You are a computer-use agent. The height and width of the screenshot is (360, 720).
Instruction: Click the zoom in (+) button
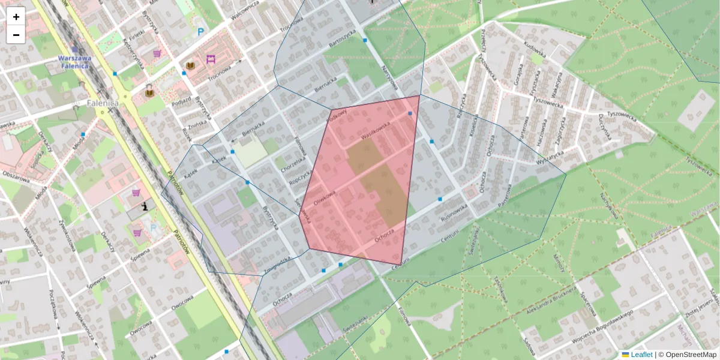click(x=16, y=17)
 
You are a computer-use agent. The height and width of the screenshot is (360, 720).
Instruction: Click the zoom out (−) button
click(x=16, y=35)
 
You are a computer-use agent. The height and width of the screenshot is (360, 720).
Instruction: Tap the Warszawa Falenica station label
click(x=74, y=62)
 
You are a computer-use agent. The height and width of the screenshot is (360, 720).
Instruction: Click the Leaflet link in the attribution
click(x=641, y=355)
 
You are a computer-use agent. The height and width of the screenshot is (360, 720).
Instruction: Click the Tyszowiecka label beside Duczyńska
click(x=620, y=114)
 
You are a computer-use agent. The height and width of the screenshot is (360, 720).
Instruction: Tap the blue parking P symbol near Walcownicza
click(x=200, y=32)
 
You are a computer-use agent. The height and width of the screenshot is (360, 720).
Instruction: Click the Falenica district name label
click(x=102, y=103)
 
